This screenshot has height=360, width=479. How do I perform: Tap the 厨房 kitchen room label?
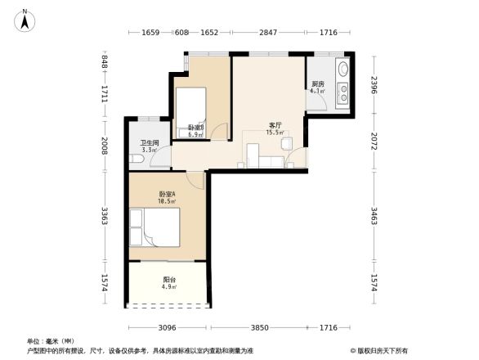click(317, 83)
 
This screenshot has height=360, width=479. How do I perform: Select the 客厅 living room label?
click(275, 125)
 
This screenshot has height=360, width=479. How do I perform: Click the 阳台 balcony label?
click(168, 280)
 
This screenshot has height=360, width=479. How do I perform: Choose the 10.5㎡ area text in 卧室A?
click(168, 201)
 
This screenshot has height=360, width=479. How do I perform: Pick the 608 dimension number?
click(181, 33)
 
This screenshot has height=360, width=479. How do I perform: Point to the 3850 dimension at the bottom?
click(259, 328)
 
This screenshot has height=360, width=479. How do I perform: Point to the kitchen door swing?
click(298, 157)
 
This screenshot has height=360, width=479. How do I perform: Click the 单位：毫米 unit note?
click(51, 341)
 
